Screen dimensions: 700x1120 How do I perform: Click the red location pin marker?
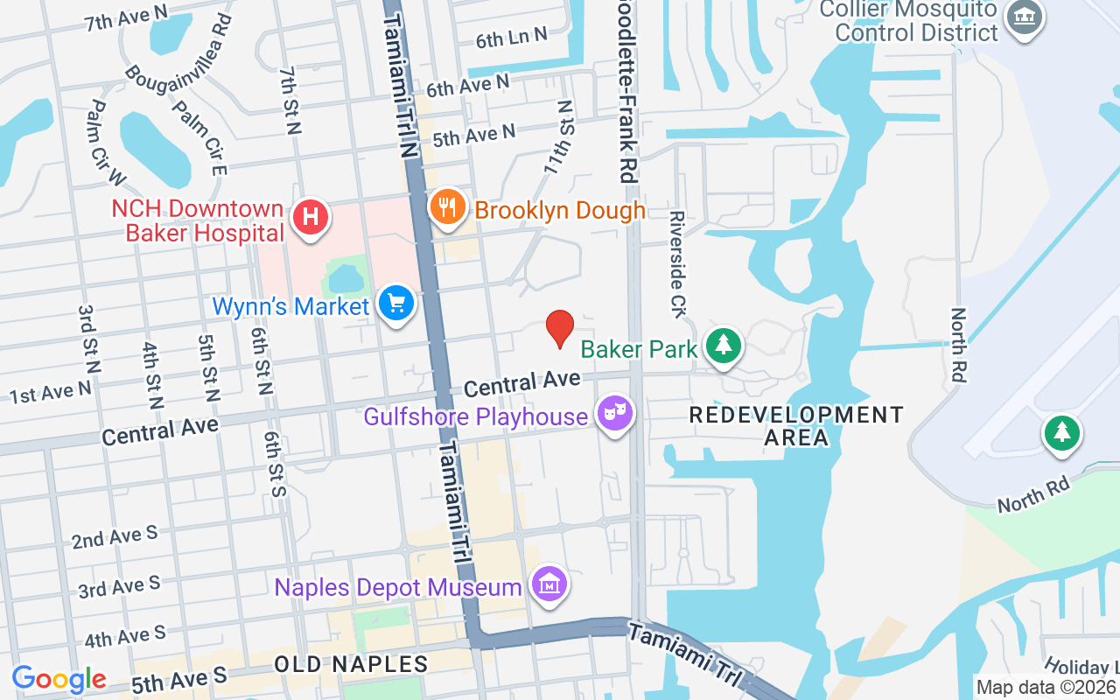point(560,329)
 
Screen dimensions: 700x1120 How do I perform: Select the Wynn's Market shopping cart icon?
point(396,304)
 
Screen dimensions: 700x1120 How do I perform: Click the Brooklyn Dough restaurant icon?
point(447,208)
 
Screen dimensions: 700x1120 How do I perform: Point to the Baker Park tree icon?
point(724,346)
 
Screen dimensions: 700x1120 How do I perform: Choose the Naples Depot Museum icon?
point(549,585)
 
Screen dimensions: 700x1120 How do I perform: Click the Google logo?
point(59,679)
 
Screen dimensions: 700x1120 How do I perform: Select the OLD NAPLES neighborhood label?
point(351,664)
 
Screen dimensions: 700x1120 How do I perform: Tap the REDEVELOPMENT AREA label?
point(795,425)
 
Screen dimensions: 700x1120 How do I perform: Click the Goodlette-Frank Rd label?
point(625,87)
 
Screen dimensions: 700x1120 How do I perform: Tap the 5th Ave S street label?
point(178,678)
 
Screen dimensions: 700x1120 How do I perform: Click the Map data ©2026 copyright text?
point(1046,688)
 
